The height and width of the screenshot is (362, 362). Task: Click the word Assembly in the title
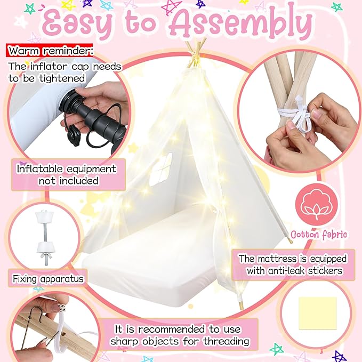(x=240, y=24)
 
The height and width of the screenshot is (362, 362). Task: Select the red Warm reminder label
(x=50, y=50)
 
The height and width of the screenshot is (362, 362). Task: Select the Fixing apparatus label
(x=48, y=279)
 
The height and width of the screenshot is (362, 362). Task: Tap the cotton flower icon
(x=316, y=205)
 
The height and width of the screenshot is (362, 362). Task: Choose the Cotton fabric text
(x=319, y=235)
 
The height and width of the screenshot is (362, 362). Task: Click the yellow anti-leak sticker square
(x=318, y=313)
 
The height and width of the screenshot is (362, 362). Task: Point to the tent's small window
(x=160, y=170)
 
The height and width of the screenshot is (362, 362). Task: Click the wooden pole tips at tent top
(x=196, y=52)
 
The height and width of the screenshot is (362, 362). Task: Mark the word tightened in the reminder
(x=62, y=79)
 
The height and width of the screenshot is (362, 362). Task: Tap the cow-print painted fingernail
(x=61, y=308)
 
